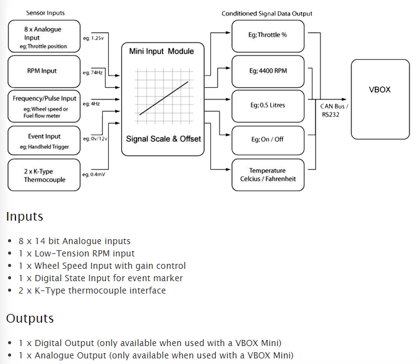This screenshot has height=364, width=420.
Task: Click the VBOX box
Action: (380, 99)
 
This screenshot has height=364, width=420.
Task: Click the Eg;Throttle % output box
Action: (268, 35)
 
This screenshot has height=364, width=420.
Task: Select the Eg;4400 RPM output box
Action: (268, 70)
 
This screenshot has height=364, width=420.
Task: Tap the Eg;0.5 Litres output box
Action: (268, 105)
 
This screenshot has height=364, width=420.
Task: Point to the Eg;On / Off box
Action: (268, 140)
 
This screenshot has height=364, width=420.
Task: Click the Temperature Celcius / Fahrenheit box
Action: (268, 174)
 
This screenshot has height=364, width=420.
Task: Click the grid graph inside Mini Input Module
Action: (163, 95)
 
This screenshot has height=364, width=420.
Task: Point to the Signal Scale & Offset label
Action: (163, 139)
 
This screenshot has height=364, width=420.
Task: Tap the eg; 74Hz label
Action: (93, 73)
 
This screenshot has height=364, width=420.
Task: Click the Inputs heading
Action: (25, 217)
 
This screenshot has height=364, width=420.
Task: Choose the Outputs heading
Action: (30, 319)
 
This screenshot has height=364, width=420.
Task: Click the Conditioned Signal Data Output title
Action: (267, 14)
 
